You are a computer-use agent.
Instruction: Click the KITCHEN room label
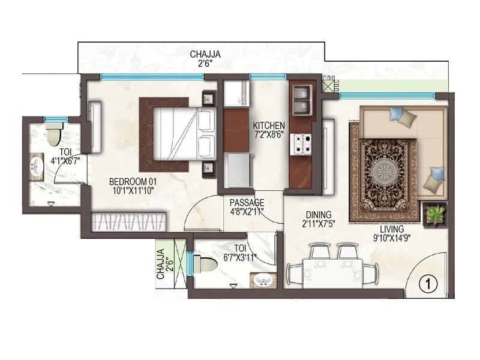tap(269, 125)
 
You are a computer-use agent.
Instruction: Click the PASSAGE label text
tap(247, 202)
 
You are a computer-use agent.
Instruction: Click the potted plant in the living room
tap(435, 214)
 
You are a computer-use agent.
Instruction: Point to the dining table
tap(332, 265)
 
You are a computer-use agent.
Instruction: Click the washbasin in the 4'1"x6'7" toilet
tap(35, 167)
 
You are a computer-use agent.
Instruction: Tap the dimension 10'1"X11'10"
tap(133, 191)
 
